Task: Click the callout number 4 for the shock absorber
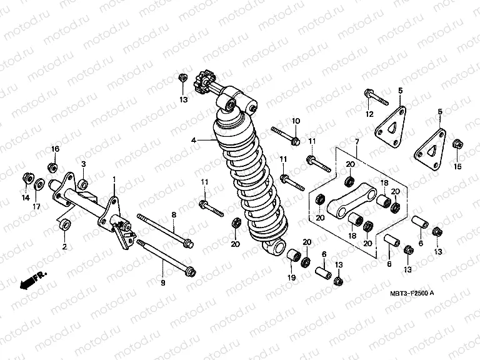[x=194, y=141]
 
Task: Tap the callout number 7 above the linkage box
[x=356, y=142]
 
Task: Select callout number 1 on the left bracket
[x=114, y=179]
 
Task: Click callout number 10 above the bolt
[x=296, y=121]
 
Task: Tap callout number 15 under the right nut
[x=457, y=166]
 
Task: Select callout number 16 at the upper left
[x=55, y=149]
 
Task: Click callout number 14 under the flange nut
[x=26, y=197]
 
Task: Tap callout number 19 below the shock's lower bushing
[x=291, y=277]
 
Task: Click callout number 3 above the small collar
[x=82, y=164]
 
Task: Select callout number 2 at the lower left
[x=64, y=246]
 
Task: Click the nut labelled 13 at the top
[x=182, y=78]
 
